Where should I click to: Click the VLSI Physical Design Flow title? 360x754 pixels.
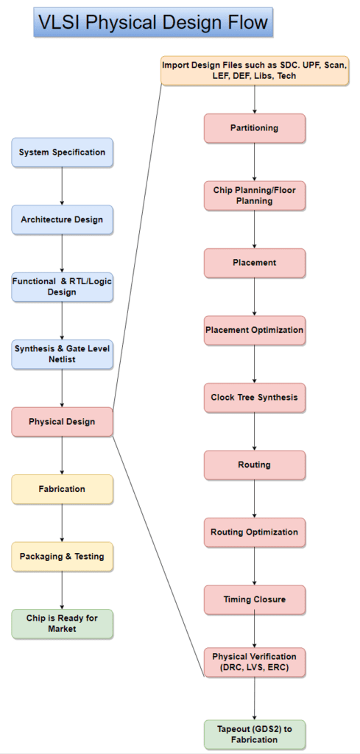coord(152,23)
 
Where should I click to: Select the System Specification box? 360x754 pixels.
coord(62,152)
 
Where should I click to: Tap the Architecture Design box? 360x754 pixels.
coord(62,219)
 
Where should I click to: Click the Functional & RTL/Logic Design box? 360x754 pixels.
coord(62,286)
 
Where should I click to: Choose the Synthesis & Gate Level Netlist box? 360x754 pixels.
coord(62,354)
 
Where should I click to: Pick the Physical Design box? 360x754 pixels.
coord(62,422)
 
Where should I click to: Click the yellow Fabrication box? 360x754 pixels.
coord(62,489)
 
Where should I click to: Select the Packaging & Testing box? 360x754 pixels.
coord(62,557)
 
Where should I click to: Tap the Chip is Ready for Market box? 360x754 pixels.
coord(62,624)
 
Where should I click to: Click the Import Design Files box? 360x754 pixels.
coord(254,71)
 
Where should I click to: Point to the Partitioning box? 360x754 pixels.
coord(254,128)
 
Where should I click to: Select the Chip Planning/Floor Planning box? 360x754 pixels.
coord(254,196)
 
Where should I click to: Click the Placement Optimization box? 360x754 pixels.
coord(254,331)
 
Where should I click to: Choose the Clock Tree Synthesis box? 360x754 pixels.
coord(254,398)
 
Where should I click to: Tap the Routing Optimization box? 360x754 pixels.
coord(254,532)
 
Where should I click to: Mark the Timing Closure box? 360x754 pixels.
coord(254,600)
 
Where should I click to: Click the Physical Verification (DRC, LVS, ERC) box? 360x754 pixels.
coord(254,662)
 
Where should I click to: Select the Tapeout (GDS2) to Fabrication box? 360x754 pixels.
coord(254,735)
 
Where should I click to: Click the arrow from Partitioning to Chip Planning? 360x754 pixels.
coord(254,162)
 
